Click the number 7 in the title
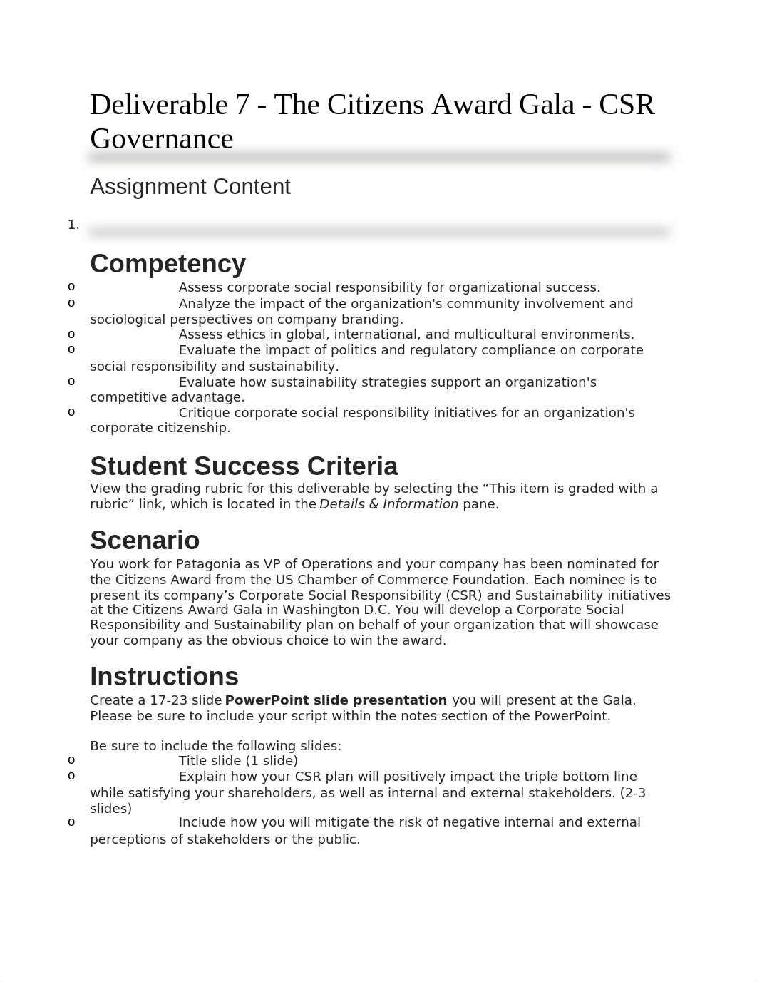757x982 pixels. (242, 106)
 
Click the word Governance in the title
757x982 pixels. (161, 139)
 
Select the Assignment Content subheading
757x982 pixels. (190, 187)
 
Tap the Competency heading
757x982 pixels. (168, 264)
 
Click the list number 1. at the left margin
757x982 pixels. (73, 225)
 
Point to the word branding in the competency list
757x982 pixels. (376, 319)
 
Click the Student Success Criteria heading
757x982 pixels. (244, 466)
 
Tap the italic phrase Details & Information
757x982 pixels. (388, 504)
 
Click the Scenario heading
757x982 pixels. (145, 541)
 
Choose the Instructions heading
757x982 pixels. (164, 677)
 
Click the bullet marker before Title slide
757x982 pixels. (71, 760)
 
